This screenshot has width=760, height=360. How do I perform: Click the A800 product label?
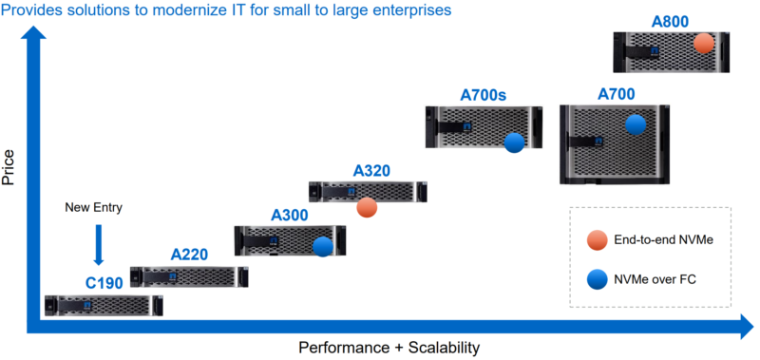(x=671, y=21)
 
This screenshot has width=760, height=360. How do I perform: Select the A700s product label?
(x=484, y=95)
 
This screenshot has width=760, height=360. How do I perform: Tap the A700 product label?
(x=616, y=94)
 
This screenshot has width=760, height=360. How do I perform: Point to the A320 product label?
(x=371, y=171)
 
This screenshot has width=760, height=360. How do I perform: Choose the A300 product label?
(x=289, y=216)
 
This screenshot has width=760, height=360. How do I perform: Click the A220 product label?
(x=189, y=255)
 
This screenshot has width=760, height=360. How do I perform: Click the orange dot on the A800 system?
(x=703, y=43)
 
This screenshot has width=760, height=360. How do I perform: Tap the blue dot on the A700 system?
(x=635, y=123)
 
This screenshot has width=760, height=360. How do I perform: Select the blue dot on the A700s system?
(x=515, y=142)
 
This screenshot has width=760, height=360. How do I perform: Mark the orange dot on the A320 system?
(x=368, y=207)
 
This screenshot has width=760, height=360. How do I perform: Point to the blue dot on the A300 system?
(x=322, y=246)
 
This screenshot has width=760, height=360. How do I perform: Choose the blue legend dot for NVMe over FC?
(x=597, y=279)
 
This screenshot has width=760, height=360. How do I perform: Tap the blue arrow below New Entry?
(x=97, y=245)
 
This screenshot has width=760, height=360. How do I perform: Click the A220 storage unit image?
(x=188, y=276)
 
